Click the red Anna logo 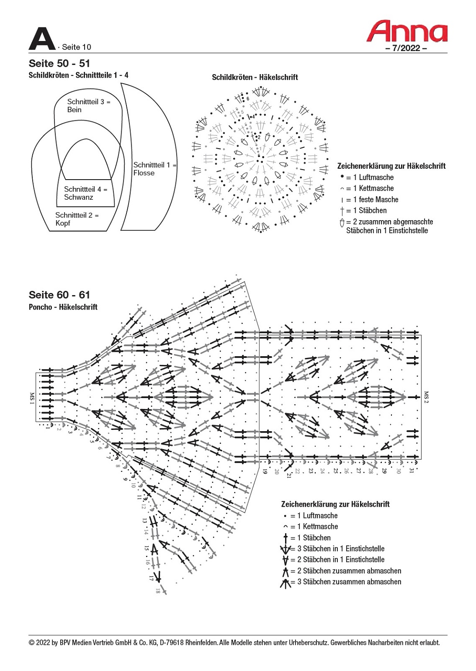(x=407, y=31)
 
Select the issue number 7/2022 (x=406, y=48)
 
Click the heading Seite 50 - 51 (x=59, y=64)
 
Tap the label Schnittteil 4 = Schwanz (x=85, y=193)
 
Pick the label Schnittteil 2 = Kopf (x=77, y=219)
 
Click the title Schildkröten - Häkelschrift (x=255, y=78)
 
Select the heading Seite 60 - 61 (x=59, y=295)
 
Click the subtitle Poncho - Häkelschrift (x=63, y=307)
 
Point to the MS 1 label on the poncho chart (x=32, y=398)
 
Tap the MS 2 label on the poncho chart (x=426, y=397)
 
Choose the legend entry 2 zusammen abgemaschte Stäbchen (x=389, y=226)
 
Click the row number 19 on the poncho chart (x=265, y=471)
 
